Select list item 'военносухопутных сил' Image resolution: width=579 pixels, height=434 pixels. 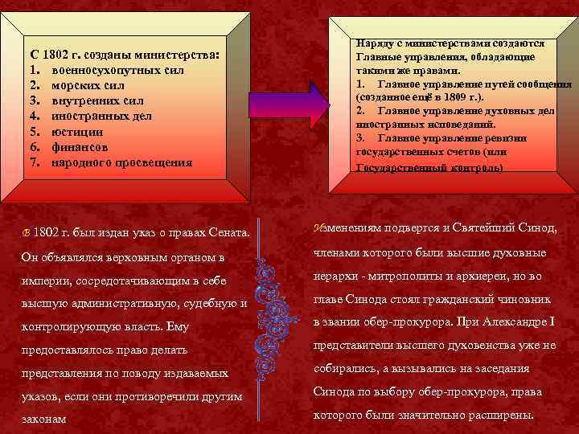point(117,71)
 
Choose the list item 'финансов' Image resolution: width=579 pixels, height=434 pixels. point(80,147)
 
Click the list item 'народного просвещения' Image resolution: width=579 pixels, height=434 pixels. point(121,162)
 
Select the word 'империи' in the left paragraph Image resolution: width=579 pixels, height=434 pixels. point(43,281)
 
